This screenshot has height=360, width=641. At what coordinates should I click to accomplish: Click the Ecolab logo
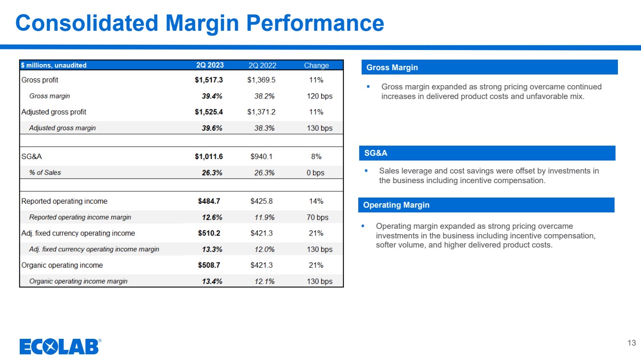(60, 346)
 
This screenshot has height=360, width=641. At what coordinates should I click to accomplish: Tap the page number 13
(631, 343)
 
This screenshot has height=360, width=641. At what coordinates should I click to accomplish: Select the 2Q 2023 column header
(210, 65)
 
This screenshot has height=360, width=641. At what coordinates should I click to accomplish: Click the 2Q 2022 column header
(263, 65)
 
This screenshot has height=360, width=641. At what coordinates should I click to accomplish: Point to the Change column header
(316, 65)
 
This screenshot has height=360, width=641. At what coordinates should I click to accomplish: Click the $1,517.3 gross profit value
(209, 80)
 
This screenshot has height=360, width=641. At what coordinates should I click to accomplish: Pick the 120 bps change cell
(320, 96)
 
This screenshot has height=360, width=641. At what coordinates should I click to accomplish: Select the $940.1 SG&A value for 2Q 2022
(261, 157)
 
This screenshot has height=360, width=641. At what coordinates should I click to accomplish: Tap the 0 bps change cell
(315, 173)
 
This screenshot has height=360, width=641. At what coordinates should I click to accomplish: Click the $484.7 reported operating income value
(209, 201)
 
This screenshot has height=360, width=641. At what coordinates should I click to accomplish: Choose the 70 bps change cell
(317, 217)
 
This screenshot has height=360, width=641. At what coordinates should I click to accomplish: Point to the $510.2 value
(209, 233)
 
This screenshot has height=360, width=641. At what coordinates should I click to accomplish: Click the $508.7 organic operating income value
(209, 265)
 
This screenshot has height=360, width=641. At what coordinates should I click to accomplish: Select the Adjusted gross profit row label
(53, 112)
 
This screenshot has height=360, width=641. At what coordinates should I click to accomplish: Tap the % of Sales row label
(45, 173)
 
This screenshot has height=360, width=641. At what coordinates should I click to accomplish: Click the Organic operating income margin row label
(78, 281)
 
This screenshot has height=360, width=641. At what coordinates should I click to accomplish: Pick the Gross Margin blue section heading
(392, 67)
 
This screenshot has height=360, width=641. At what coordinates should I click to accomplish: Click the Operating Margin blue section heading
(396, 205)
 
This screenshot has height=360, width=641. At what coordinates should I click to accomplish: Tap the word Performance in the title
(315, 23)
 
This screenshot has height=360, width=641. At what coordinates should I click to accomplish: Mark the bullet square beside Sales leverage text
(366, 171)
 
